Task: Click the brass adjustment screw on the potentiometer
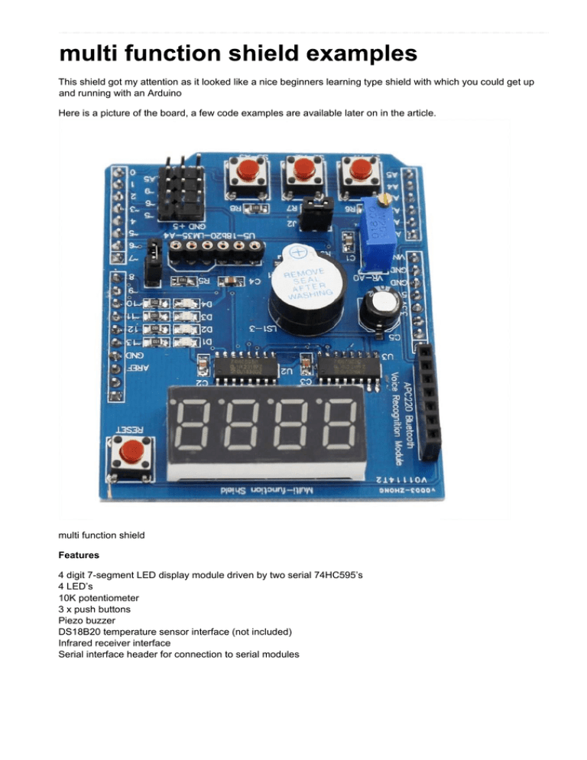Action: tap(387, 200)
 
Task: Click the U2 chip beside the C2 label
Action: tap(245, 370)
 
